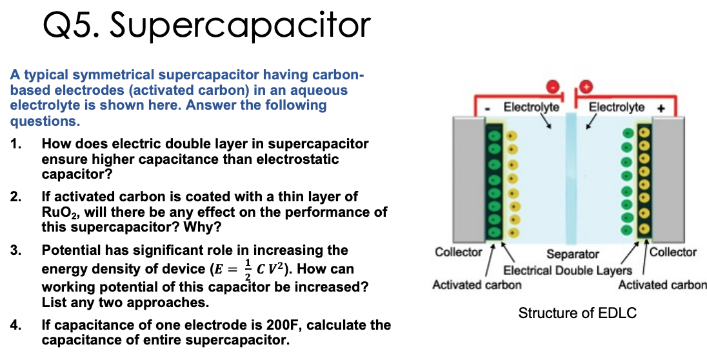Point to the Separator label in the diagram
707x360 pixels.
click(572, 255)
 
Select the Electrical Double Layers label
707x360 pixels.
click(567, 270)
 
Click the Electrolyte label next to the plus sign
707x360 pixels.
click(616, 107)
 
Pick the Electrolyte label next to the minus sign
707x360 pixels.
click(531, 107)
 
